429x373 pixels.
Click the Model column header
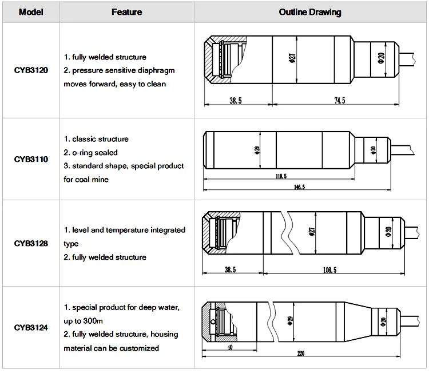tap(31, 12)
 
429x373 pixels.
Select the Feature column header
tap(126, 12)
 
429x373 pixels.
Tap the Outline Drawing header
tap(310, 12)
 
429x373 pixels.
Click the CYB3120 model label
tap(31, 70)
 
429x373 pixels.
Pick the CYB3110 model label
tap(31, 160)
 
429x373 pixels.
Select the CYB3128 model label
tap(31, 243)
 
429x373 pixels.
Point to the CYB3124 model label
tap(31, 328)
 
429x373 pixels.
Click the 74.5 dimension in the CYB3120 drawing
tap(339, 101)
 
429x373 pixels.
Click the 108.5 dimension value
tap(329, 269)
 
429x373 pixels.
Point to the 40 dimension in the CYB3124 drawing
tap(230, 347)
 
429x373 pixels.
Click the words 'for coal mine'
tap(86, 180)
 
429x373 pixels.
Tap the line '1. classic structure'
tap(96, 139)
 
